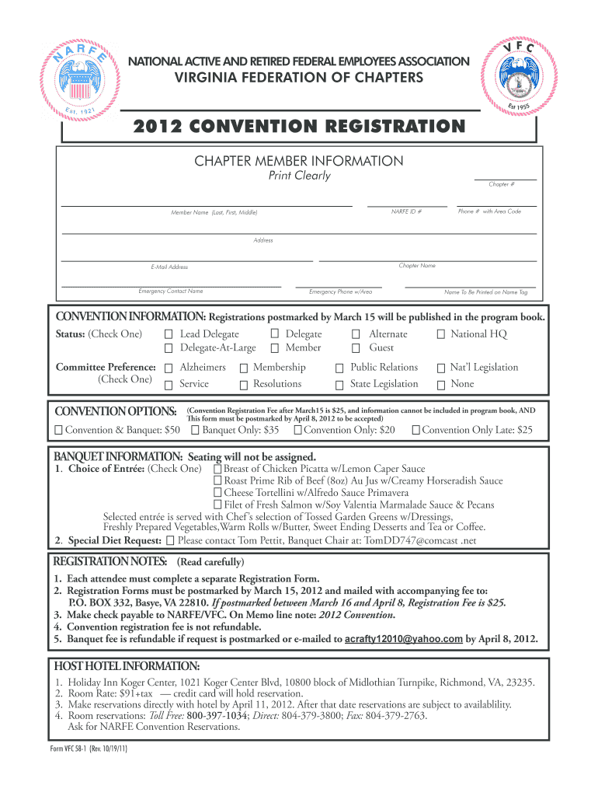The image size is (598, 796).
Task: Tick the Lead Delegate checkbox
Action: [x=169, y=334]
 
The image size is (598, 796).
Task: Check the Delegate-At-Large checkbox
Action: [x=169, y=348]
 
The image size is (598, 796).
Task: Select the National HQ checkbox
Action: [x=440, y=334]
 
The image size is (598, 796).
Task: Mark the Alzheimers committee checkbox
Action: [x=169, y=368]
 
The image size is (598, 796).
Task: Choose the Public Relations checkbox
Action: [x=339, y=368]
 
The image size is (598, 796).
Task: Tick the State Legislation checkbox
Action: [x=339, y=385]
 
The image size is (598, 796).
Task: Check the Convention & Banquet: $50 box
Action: [x=59, y=431]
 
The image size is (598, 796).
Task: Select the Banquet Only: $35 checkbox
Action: [x=196, y=431]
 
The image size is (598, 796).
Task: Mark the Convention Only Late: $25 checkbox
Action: [x=415, y=431]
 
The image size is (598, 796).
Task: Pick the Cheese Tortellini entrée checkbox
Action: [x=218, y=493]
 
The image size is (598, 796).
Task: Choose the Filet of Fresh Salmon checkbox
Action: [x=218, y=505]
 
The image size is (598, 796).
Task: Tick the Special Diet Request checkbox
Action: [x=171, y=540]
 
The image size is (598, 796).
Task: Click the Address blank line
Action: [x=299, y=232]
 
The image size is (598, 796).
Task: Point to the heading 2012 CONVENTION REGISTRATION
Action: [x=299, y=127]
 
